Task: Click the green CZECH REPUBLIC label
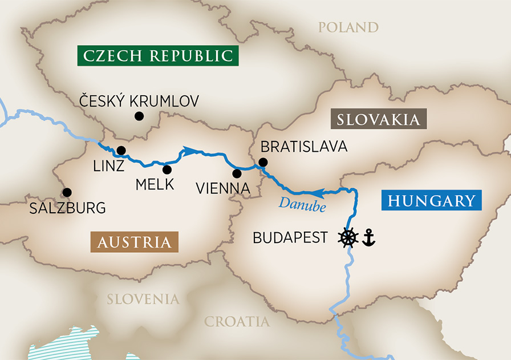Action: (158, 56)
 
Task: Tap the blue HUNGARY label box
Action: (432, 201)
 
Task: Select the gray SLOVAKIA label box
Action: (379, 120)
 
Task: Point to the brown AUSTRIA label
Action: (134, 242)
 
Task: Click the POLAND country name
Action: (348, 27)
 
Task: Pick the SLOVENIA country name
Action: (143, 299)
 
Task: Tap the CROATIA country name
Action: (237, 322)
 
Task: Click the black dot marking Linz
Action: (121, 151)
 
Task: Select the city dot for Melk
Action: (167, 169)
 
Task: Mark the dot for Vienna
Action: (237, 173)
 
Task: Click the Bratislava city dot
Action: (262, 163)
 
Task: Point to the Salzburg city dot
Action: (67, 192)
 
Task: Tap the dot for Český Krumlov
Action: (139, 116)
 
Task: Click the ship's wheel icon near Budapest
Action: (348, 237)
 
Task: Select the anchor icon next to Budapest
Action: (369, 237)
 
